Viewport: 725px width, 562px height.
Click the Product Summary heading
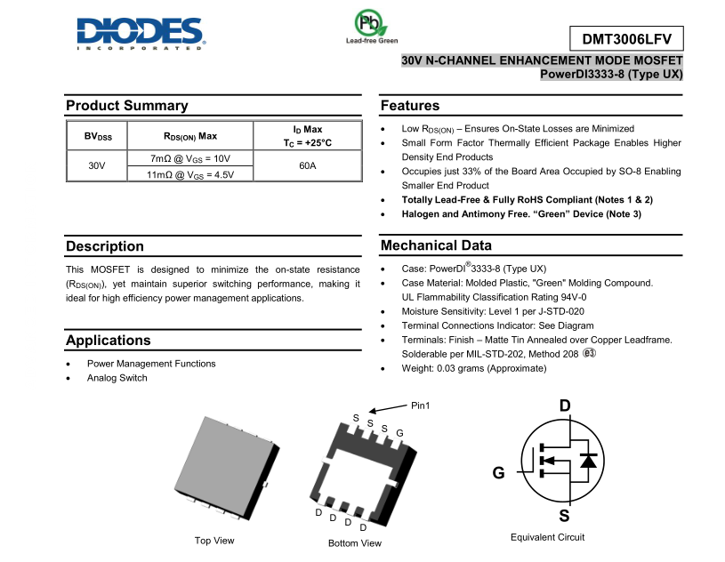[x=127, y=106]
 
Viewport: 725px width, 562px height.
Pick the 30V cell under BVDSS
[x=97, y=166]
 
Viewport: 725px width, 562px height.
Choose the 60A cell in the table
[x=307, y=166]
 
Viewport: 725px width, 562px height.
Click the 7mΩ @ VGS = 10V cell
[x=190, y=158]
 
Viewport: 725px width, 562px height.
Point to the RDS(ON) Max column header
[x=190, y=136]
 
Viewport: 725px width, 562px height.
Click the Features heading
[x=410, y=106]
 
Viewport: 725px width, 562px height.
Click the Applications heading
[x=109, y=341]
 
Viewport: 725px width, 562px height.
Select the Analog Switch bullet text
[x=117, y=378]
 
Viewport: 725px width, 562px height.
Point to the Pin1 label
[x=421, y=405]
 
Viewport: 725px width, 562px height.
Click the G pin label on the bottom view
[x=399, y=433]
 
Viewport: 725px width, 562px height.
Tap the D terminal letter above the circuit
[x=565, y=406]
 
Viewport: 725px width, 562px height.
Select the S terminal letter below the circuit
[x=565, y=517]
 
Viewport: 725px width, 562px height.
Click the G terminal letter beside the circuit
[x=498, y=473]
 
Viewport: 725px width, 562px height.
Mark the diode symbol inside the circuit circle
[x=587, y=460]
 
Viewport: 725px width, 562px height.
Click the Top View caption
[x=214, y=541]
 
